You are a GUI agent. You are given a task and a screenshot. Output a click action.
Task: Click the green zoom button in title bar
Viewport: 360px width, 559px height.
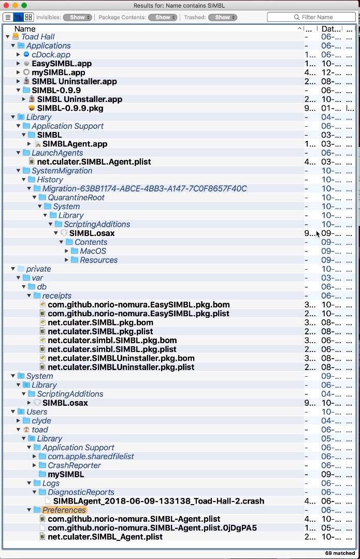24,5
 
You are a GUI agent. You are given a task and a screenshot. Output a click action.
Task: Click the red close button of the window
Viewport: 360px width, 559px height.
6,5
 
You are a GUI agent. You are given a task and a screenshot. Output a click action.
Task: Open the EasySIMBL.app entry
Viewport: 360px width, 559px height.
61,64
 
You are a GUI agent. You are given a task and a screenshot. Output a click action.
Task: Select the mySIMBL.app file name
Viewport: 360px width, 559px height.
58,72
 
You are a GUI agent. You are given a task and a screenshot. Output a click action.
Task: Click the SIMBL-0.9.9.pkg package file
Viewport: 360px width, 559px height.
70,108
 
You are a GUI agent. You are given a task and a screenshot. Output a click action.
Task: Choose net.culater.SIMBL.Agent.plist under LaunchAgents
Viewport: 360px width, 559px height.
94,161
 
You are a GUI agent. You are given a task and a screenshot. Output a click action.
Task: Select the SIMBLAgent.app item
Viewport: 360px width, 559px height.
75,144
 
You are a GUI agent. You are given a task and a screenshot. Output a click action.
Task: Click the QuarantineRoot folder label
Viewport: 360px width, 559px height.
76,197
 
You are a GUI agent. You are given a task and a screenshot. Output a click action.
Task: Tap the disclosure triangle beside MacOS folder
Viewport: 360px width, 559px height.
67,251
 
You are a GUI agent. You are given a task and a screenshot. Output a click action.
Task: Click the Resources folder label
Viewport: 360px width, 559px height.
98,260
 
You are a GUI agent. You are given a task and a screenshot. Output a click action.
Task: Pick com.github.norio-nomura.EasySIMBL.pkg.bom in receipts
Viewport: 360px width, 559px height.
138,305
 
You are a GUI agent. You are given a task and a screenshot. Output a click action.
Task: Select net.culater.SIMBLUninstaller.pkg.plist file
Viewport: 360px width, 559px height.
121,367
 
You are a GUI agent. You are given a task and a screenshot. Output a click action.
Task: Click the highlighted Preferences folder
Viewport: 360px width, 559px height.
64,510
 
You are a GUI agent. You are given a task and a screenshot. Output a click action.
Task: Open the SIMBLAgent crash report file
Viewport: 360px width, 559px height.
159,501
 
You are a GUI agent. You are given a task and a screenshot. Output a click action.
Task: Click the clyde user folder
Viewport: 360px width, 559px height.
41,421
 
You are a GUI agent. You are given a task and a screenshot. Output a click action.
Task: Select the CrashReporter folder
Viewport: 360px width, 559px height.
74,465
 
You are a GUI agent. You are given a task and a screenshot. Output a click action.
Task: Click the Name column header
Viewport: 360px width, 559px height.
25,29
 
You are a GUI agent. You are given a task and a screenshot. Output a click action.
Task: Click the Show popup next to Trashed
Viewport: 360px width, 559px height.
222,17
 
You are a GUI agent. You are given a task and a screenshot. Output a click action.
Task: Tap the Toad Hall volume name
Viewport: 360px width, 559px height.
38,37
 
